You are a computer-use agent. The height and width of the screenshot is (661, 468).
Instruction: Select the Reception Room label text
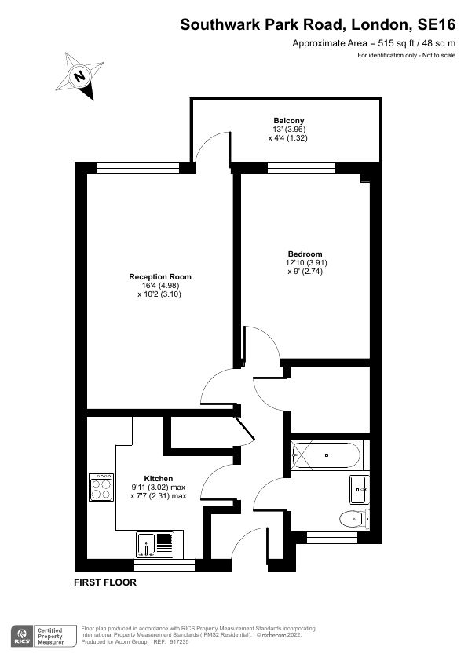click(x=160, y=277)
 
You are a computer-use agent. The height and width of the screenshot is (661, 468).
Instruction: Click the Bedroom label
click(x=305, y=254)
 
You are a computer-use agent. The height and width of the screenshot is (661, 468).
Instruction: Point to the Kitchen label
click(x=158, y=478)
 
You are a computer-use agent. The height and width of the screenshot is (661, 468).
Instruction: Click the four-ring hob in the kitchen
click(x=101, y=490)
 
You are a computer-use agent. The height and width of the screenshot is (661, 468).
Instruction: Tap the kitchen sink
click(x=156, y=542)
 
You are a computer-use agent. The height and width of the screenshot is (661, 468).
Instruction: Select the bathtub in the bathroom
click(x=326, y=454)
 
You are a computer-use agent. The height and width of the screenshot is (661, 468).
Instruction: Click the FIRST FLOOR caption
click(x=105, y=582)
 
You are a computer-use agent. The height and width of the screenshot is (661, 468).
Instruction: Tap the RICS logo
click(x=20, y=634)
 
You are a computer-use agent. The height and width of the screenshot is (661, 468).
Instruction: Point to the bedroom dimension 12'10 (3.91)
click(x=305, y=263)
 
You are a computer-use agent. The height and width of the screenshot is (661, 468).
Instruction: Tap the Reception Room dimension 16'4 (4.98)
click(x=160, y=286)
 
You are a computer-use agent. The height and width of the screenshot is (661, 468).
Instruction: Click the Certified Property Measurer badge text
click(x=52, y=634)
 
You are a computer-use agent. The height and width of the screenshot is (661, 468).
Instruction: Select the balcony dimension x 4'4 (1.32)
click(x=287, y=137)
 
